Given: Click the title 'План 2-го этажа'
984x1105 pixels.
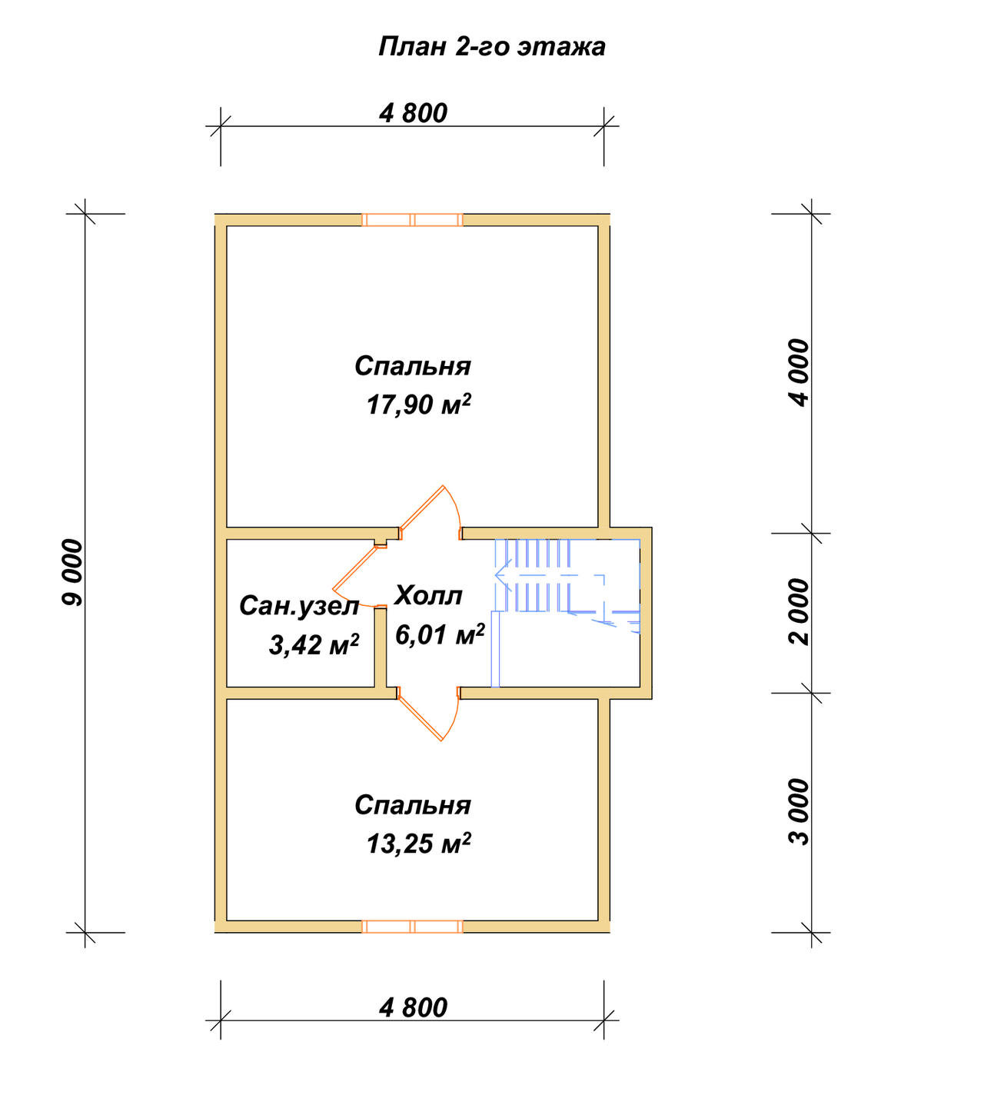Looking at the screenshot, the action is (x=491, y=47).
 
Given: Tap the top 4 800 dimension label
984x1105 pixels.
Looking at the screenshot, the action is (x=413, y=114).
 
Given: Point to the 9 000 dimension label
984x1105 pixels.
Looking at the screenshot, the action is (x=71, y=573).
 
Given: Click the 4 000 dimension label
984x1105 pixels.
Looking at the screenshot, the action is (x=799, y=372).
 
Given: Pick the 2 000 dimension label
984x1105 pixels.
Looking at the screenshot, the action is (x=799, y=612).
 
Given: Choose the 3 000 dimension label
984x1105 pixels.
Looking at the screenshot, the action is (x=799, y=811).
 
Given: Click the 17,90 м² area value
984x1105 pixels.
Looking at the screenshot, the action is (x=418, y=404).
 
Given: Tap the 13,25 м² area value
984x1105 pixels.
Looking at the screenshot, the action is (x=418, y=844).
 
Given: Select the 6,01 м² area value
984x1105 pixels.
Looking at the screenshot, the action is (x=440, y=634).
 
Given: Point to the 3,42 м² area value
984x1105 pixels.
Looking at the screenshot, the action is (x=314, y=645).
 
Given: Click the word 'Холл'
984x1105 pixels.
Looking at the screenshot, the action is (x=428, y=596).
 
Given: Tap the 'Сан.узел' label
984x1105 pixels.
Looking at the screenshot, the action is (x=300, y=606).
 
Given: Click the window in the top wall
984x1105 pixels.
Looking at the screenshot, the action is (x=412, y=220).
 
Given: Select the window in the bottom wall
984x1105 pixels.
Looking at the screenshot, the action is (x=412, y=927).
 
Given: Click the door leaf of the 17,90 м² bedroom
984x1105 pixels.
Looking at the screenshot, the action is (x=421, y=507).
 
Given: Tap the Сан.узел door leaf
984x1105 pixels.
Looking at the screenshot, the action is (x=354, y=567).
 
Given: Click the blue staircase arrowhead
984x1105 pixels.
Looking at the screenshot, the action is (x=503, y=575).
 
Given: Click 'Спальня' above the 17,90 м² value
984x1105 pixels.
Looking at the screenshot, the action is (x=412, y=366).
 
